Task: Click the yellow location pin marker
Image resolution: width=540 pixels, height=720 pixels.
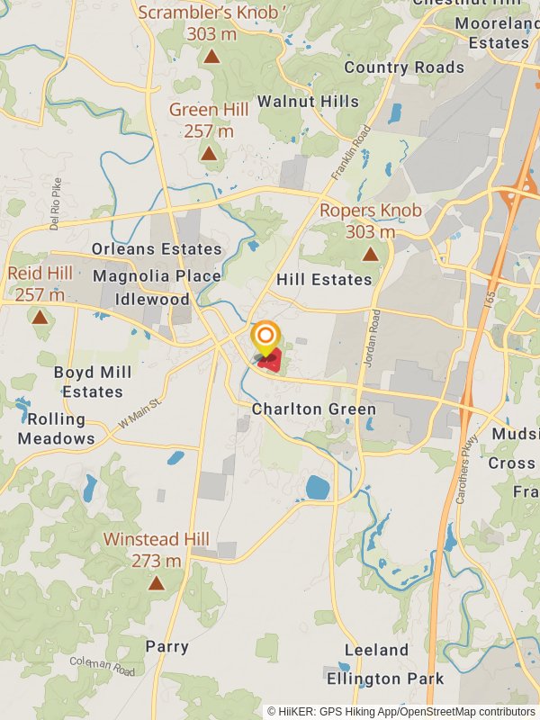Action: click(265, 339)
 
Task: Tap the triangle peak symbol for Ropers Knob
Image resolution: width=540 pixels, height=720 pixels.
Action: click(370, 255)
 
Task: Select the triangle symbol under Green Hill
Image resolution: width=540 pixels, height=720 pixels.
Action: click(209, 153)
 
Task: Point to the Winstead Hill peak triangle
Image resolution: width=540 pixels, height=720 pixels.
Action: click(157, 582)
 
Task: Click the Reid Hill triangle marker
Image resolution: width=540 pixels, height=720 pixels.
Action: click(40, 317)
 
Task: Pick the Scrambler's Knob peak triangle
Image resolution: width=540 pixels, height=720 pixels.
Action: click(211, 57)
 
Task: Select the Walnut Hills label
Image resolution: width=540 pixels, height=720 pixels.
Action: click(308, 102)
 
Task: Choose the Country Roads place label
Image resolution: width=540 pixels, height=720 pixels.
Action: click(404, 67)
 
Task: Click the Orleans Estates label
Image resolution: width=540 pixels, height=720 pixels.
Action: click(157, 249)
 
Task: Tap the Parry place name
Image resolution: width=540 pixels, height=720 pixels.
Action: click(167, 647)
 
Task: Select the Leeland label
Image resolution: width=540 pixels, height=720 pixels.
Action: click(376, 650)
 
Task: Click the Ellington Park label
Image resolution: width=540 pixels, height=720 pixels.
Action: click(385, 678)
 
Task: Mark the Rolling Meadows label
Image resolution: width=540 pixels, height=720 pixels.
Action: click(56, 429)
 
